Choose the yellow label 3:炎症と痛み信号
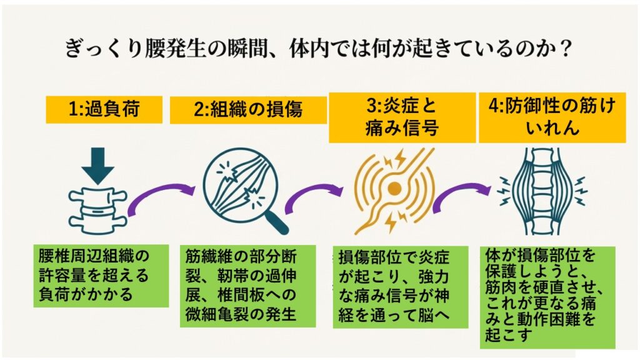click(402, 117)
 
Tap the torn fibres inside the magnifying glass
click(240, 185)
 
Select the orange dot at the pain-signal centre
click(394, 187)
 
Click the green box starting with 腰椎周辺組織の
click(101, 276)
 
